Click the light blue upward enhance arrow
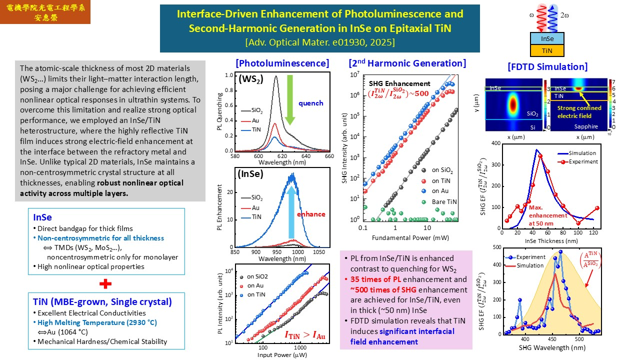point(291,207)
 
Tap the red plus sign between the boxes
point(105,283)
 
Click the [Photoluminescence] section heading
point(282,63)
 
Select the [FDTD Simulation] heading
point(547,67)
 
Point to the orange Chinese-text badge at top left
point(45,12)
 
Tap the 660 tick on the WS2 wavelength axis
point(329,156)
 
